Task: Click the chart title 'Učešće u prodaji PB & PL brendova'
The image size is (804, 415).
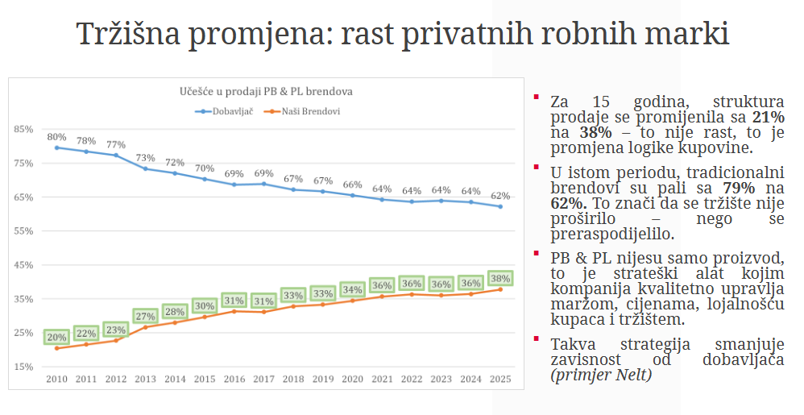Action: pyautogui.click(x=266, y=92)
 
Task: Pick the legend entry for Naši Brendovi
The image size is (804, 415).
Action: pyautogui.click(x=305, y=110)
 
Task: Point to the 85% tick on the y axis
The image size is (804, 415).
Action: pyautogui.click(x=23, y=129)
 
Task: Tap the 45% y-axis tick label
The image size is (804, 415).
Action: pyautogui.click(x=23, y=265)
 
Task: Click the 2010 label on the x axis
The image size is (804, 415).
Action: pyautogui.click(x=56, y=378)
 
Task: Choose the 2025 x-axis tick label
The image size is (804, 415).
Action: pyautogui.click(x=500, y=378)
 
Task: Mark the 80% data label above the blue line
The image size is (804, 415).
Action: pyautogui.click(x=56, y=137)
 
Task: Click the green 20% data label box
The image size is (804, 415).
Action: pyautogui.click(x=56, y=337)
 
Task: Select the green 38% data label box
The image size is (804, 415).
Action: pyautogui.click(x=500, y=278)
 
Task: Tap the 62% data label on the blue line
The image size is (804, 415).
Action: pyautogui.click(x=500, y=196)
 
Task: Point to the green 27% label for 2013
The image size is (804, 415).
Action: pyautogui.click(x=145, y=316)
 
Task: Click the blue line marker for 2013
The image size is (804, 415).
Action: pyautogui.click(x=145, y=168)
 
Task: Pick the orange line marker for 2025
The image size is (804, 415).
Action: pyautogui.click(x=500, y=289)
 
